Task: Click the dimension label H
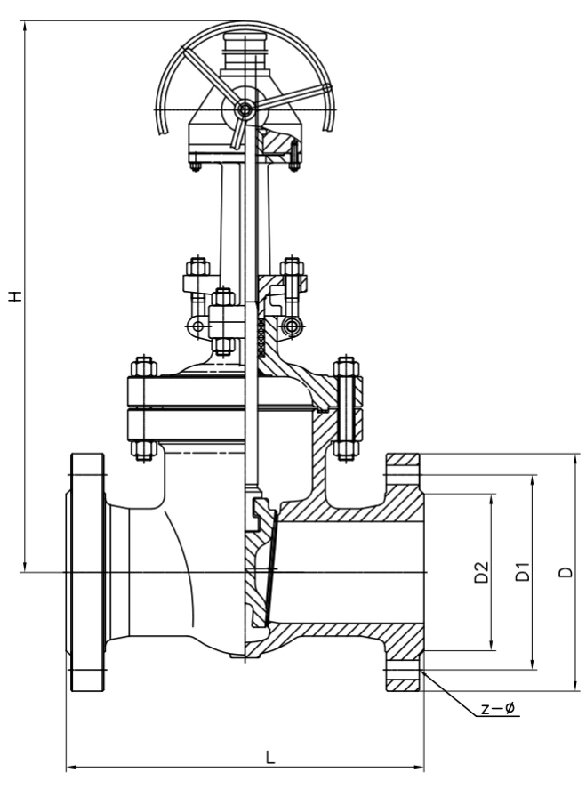pyautogui.click(x=17, y=296)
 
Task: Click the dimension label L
pyautogui.click(x=270, y=757)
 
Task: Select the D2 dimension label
pyautogui.click(x=481, y=572)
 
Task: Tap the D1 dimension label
pyautogui.click(x=523, y=572)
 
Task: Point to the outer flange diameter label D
pyautogui.click(x=566, y=572)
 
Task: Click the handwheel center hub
pyautogui.click(x=245, y=109)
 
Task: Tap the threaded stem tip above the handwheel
pyautogui.click(x=237, y=55)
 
